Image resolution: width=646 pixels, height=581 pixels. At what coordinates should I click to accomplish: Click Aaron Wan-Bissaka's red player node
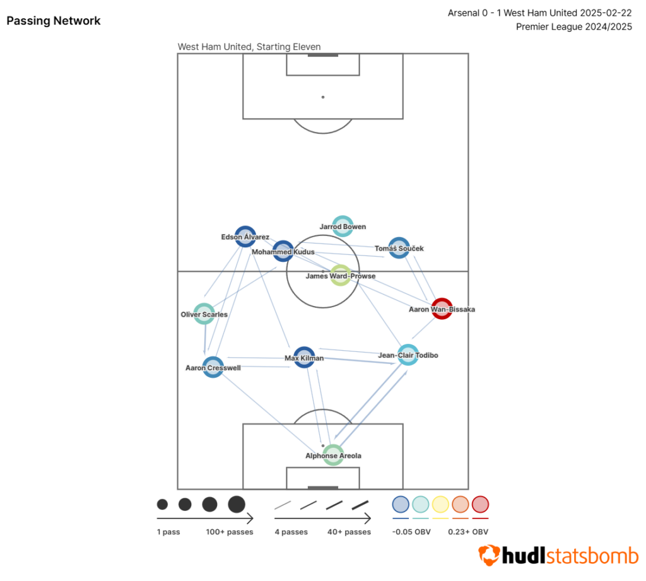click(442, 308)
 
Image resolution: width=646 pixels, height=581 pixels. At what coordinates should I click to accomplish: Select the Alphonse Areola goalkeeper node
click(332, 455)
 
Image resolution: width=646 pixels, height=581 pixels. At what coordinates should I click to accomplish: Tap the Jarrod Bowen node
click(343, 226)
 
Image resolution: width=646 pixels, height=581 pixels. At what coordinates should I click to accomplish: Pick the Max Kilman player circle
click(304, 357)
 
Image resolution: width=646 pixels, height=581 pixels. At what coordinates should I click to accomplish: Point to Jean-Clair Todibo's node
click(408, 355)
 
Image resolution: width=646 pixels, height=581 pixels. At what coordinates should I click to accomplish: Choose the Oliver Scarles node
click(204, 314)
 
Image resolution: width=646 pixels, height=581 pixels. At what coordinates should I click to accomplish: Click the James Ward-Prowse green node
click(341, 275)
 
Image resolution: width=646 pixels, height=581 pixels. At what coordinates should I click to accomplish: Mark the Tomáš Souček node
click(399, 248)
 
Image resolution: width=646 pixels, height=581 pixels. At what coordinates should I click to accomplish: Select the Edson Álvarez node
click(245, 237)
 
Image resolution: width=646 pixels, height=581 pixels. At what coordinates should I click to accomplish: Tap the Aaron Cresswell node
click(213, 367)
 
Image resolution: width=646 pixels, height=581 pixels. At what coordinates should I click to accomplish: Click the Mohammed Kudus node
click(283, 251)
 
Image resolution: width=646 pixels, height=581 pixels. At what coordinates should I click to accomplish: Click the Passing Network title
click(54, 21)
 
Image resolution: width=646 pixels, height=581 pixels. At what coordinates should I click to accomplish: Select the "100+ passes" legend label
click(230, 532)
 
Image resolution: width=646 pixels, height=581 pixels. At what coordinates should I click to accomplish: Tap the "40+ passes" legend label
click(349, 532)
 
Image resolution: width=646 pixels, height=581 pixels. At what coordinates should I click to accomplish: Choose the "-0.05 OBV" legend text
click(411, 532)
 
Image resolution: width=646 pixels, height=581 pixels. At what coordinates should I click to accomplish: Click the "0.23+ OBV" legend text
click(468, 532)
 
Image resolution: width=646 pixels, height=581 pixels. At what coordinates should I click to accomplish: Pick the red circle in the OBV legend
click(481, 504)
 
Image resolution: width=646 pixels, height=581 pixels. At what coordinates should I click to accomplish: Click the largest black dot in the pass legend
click(237, 504)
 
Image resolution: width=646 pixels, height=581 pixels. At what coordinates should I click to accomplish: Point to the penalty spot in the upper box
click(323, 97)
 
